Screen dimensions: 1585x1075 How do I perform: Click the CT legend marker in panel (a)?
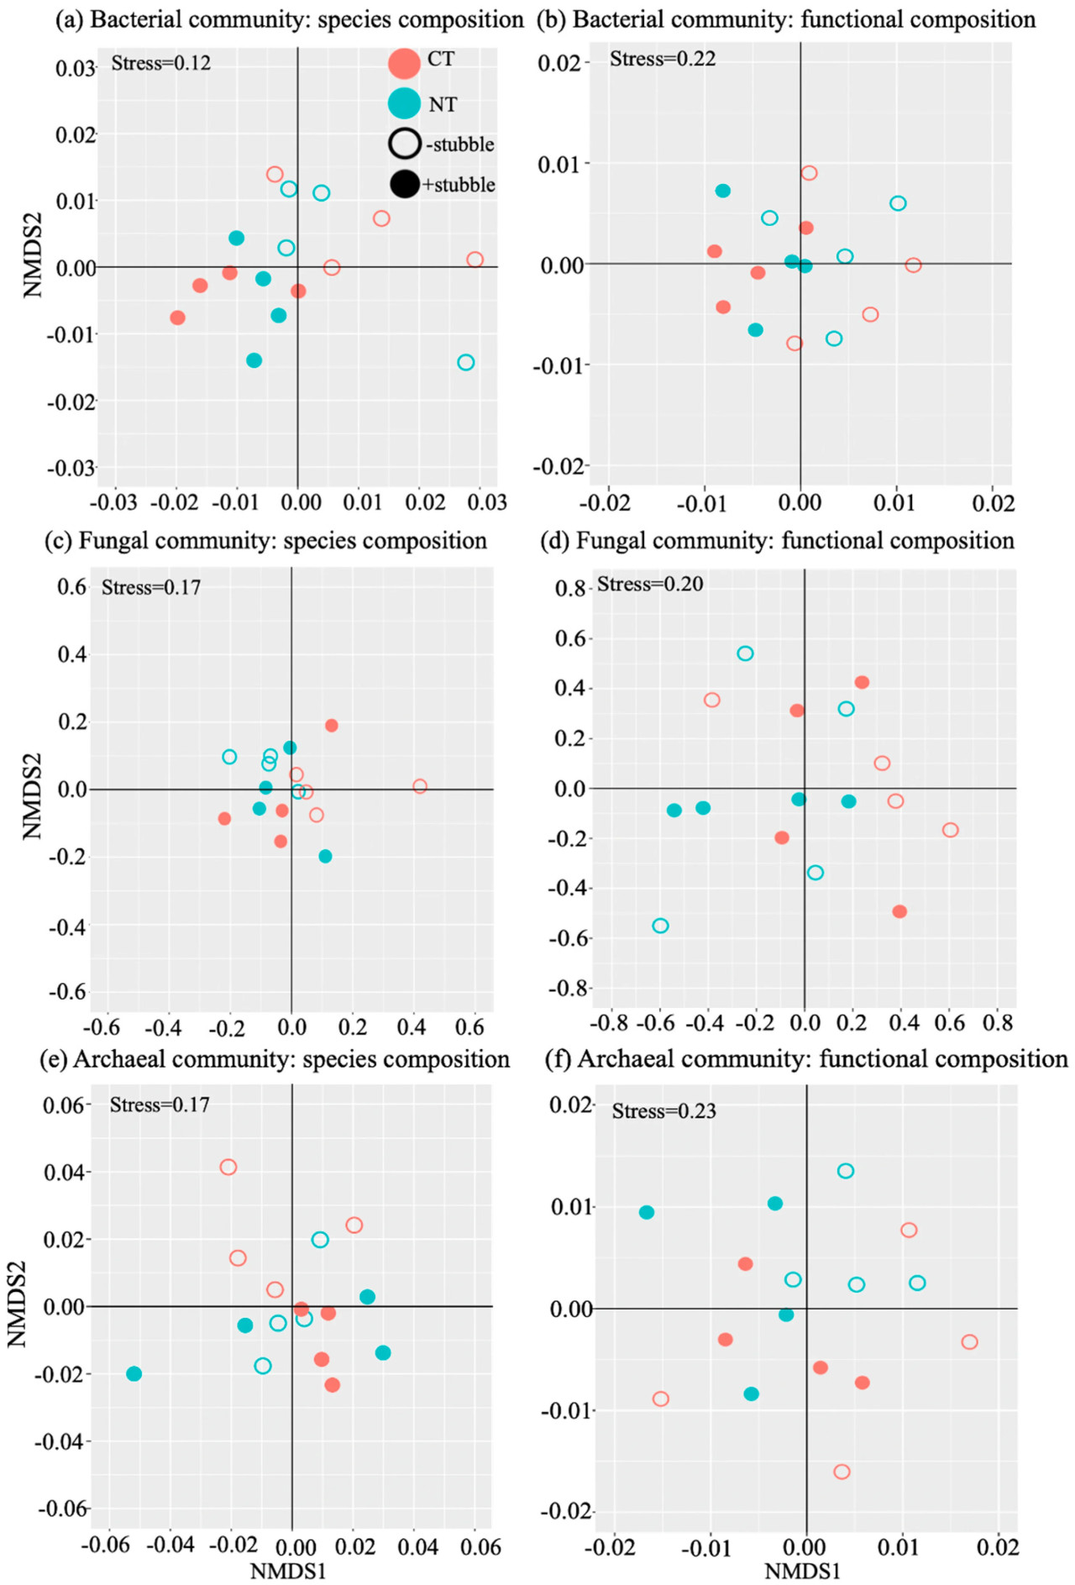point(404,63)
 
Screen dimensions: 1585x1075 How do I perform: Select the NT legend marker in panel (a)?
point(404,103)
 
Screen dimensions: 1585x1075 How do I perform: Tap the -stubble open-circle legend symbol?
point(404,144)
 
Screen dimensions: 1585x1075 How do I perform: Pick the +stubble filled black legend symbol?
point(405,184)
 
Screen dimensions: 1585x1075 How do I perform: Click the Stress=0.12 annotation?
point(160,63)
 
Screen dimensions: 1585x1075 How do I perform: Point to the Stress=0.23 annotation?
point(663,1111)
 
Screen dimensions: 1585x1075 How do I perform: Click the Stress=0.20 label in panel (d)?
point(650,584)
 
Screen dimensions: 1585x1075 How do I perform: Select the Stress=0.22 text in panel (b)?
point(663,59)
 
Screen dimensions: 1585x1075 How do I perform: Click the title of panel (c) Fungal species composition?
point(265,540)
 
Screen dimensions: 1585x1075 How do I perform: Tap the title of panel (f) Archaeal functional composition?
point(806,1059)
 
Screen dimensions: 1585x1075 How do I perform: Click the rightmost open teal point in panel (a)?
point(466,363)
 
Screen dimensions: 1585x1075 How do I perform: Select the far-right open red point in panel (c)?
point(420,786)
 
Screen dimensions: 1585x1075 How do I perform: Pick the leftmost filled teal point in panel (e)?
point(134,1373)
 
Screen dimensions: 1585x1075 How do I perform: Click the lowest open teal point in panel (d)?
point(661,926)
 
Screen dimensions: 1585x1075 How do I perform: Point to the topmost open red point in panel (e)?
point(228,1167)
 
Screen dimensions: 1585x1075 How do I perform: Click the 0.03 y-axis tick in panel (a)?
point(76,68)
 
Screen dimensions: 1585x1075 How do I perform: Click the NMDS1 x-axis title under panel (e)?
point(287,1571)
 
